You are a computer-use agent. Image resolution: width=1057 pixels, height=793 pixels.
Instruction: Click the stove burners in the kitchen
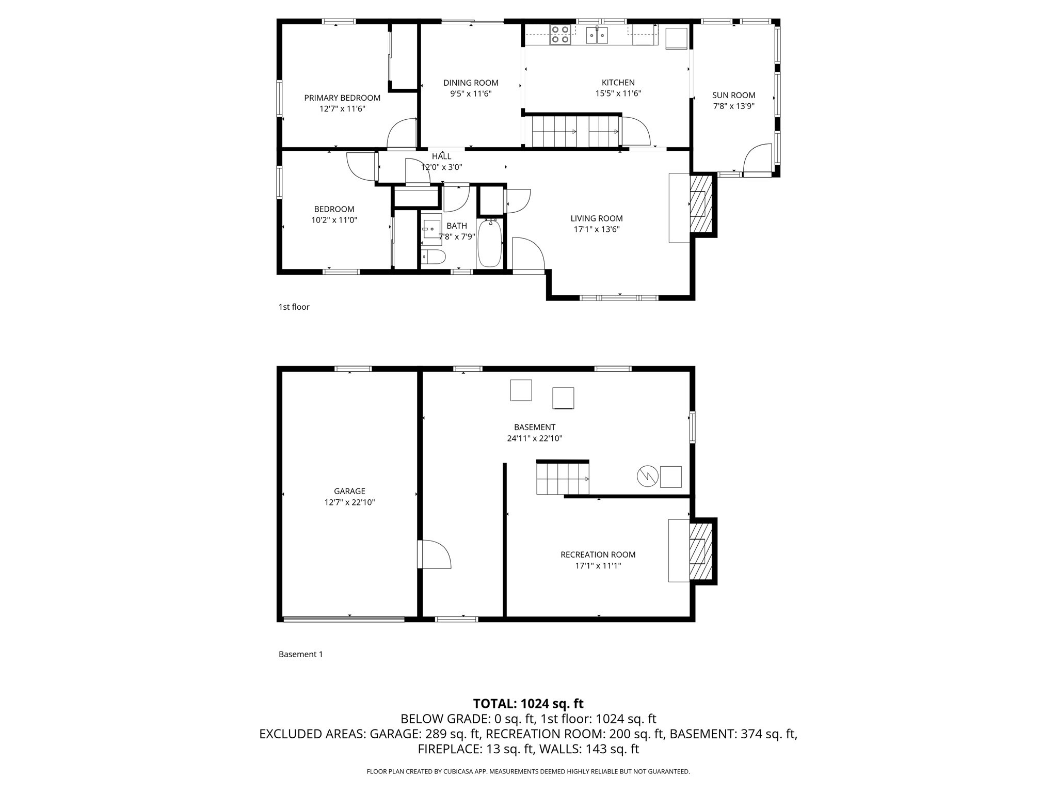click(560, 35)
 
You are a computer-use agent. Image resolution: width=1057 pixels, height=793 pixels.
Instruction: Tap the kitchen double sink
click(597, 35)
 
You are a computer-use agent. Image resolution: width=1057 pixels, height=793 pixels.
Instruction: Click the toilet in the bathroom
click(434, 257)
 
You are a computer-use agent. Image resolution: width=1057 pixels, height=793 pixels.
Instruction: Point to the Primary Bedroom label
click(342, 98)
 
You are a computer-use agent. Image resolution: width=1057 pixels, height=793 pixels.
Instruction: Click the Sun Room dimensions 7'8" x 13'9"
click(733, 106)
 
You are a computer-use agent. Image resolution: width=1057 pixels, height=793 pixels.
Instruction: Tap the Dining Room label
click(471, 83)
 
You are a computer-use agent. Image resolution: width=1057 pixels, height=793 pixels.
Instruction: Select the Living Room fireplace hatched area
click(701, 203)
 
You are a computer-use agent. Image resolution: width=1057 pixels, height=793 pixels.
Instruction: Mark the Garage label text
click(349, 491)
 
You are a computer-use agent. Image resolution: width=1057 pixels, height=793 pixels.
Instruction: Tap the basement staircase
click(563, 479)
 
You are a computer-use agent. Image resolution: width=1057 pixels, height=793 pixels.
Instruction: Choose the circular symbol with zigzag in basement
click(647, 476)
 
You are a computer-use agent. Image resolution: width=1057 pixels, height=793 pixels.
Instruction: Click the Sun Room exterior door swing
click(757, 160)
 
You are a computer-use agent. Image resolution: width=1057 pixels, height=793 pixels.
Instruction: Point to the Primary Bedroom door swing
click(402, 134)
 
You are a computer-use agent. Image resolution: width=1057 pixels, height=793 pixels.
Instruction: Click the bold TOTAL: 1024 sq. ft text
click(528, 703)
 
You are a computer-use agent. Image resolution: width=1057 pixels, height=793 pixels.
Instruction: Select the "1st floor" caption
click(294, 307)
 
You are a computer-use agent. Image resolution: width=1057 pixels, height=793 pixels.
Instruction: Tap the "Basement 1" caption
click(300, 654)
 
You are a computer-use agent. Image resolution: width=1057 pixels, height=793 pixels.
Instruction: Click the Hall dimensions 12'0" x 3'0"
click(441, 167)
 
